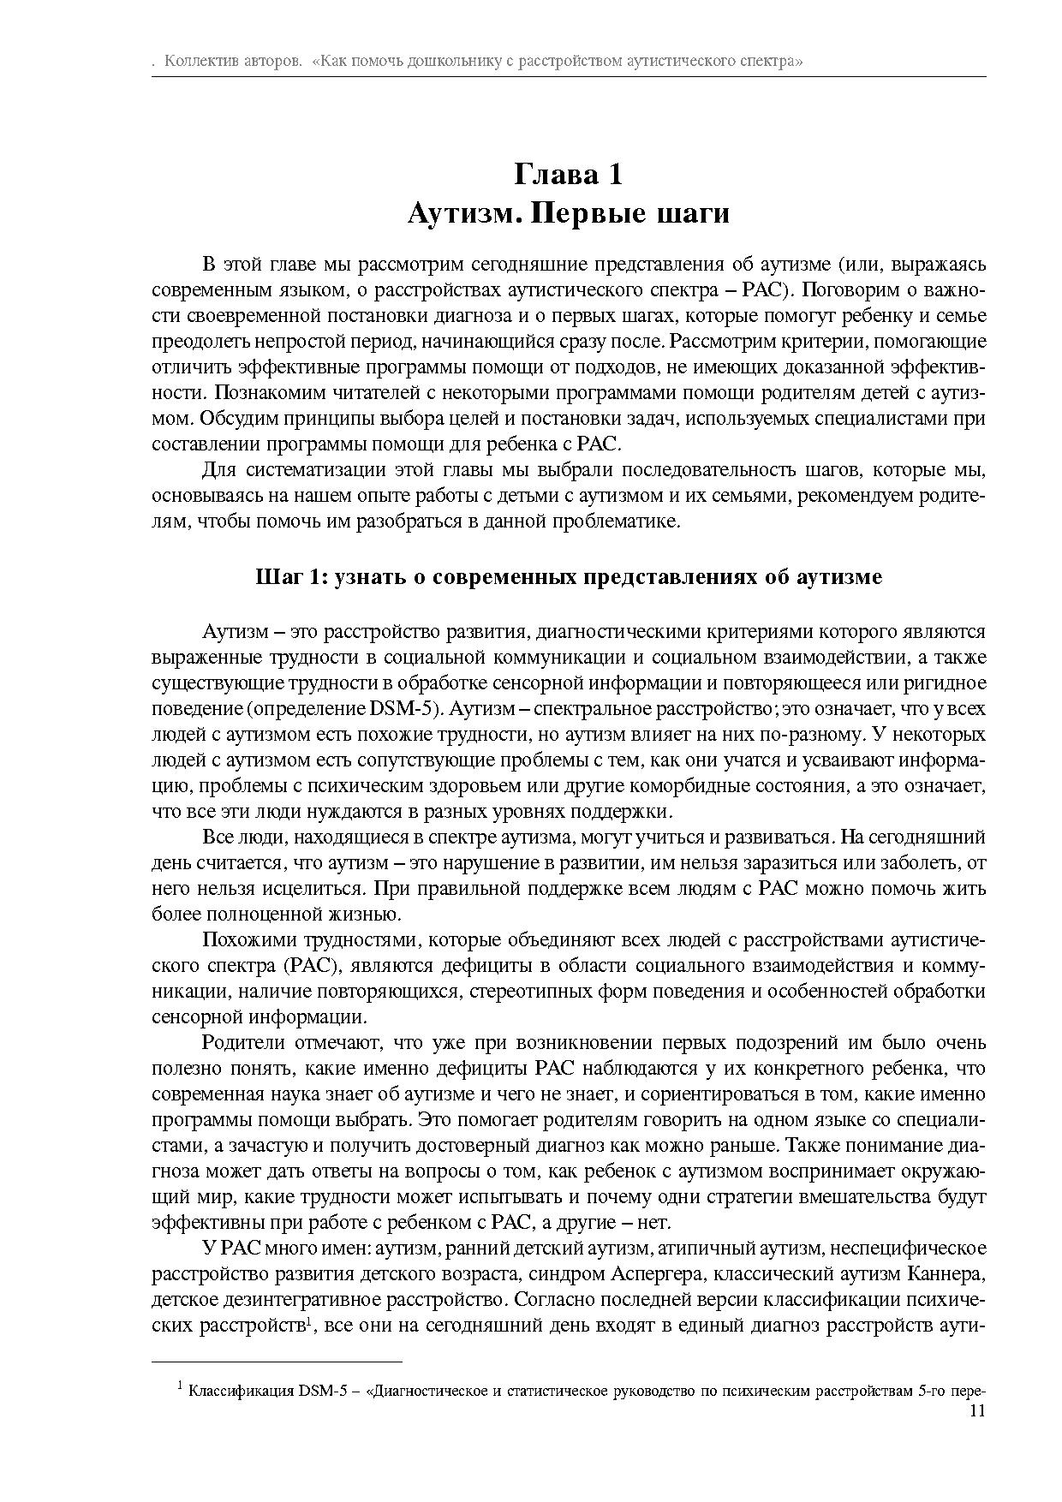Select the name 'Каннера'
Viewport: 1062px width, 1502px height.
(x=947, y=1274)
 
